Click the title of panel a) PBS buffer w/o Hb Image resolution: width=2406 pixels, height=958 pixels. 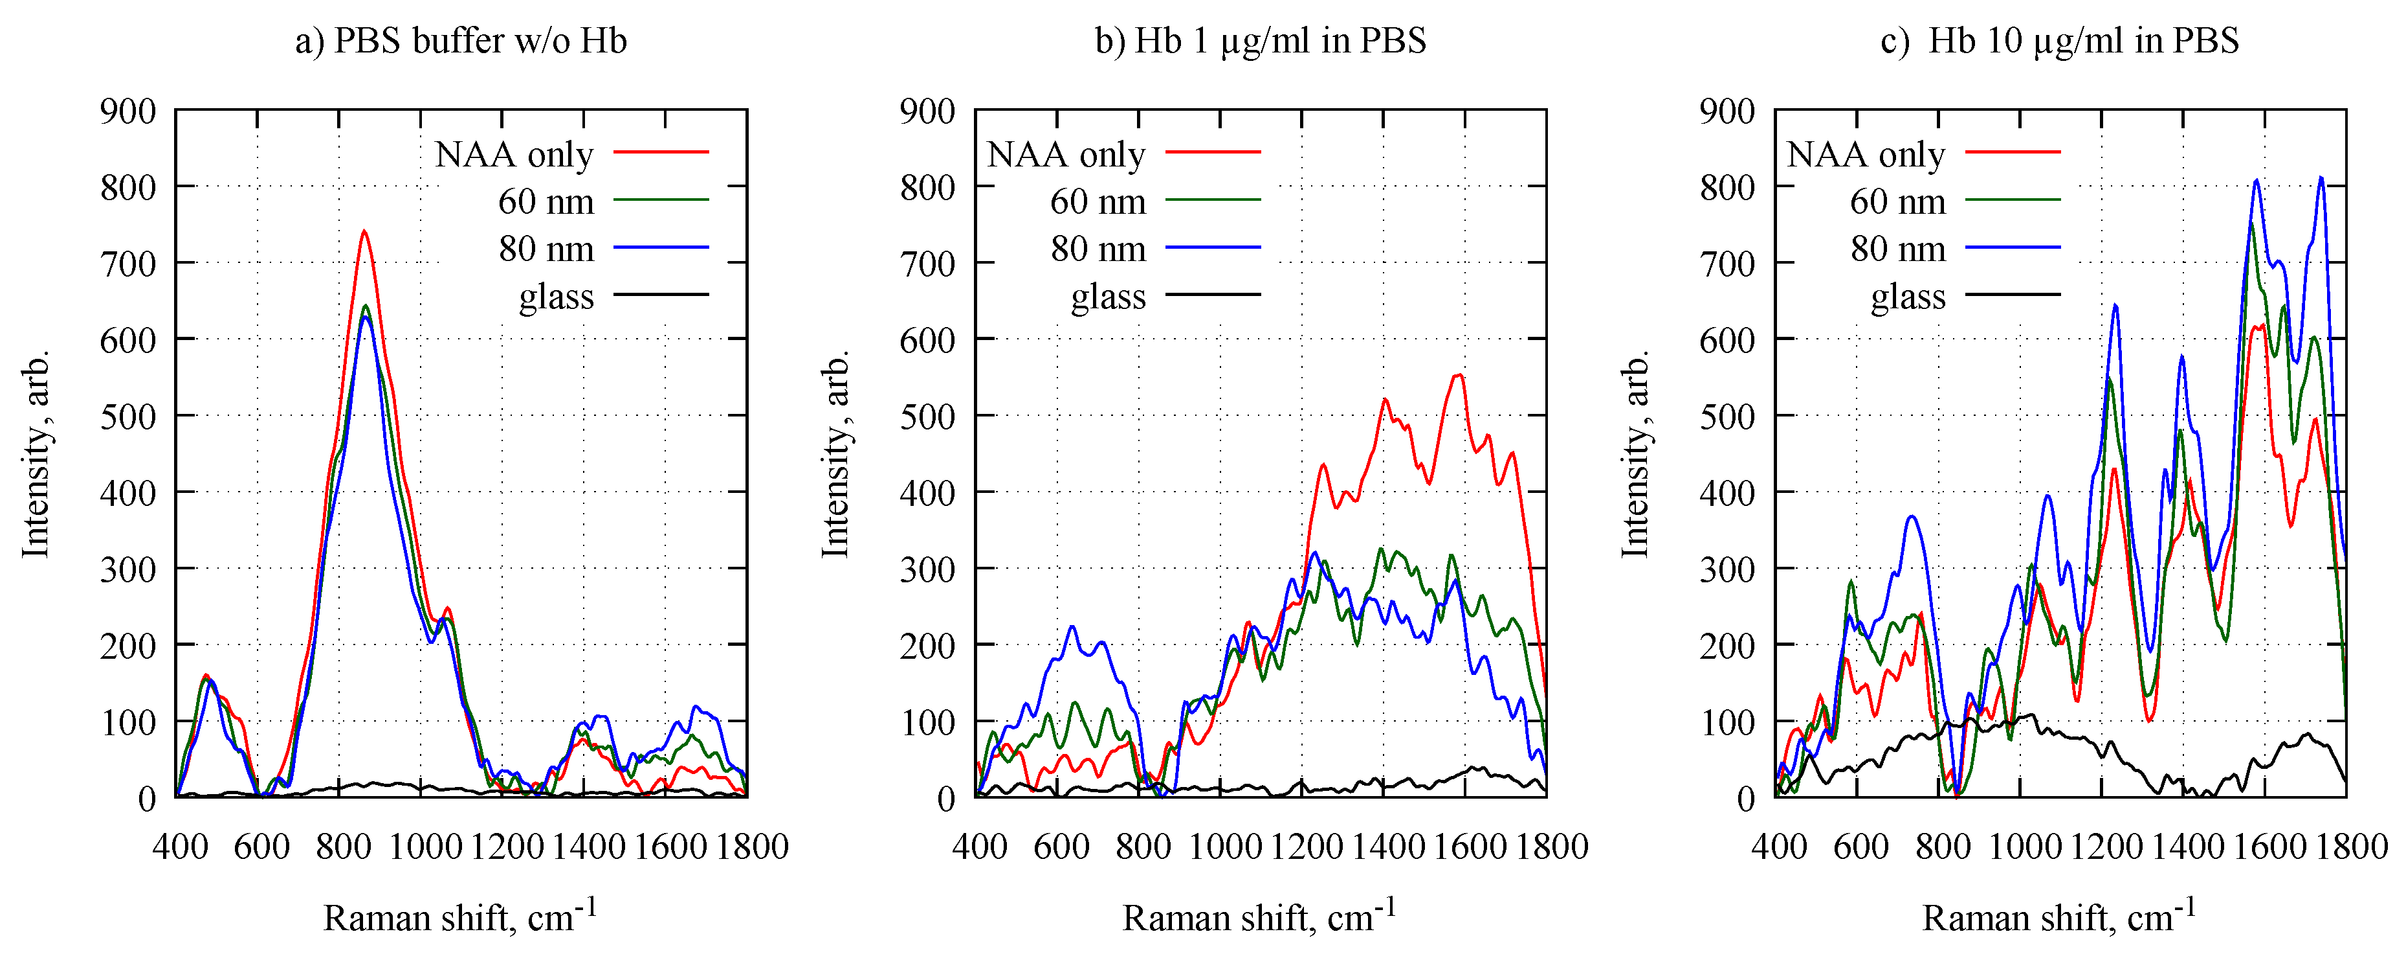(x=461, y=41)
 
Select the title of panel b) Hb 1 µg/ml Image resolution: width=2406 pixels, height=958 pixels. (x=1260, y=41)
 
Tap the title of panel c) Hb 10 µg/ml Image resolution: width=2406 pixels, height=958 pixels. (x=2060, y=41)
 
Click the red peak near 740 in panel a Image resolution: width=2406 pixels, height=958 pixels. (x=364, y=232)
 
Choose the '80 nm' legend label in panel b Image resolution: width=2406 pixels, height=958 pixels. (x=1098, y=249)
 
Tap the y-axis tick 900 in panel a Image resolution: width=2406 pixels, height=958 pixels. (x=128, y=111)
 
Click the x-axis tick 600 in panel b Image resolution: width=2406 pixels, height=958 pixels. (x=1061, y=847)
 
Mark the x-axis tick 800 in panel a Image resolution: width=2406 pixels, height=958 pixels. (x=344, y=847)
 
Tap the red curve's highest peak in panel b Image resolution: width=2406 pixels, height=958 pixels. (x=1458, y=376)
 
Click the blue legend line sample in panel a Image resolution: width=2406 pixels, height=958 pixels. (x=660, y=247)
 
